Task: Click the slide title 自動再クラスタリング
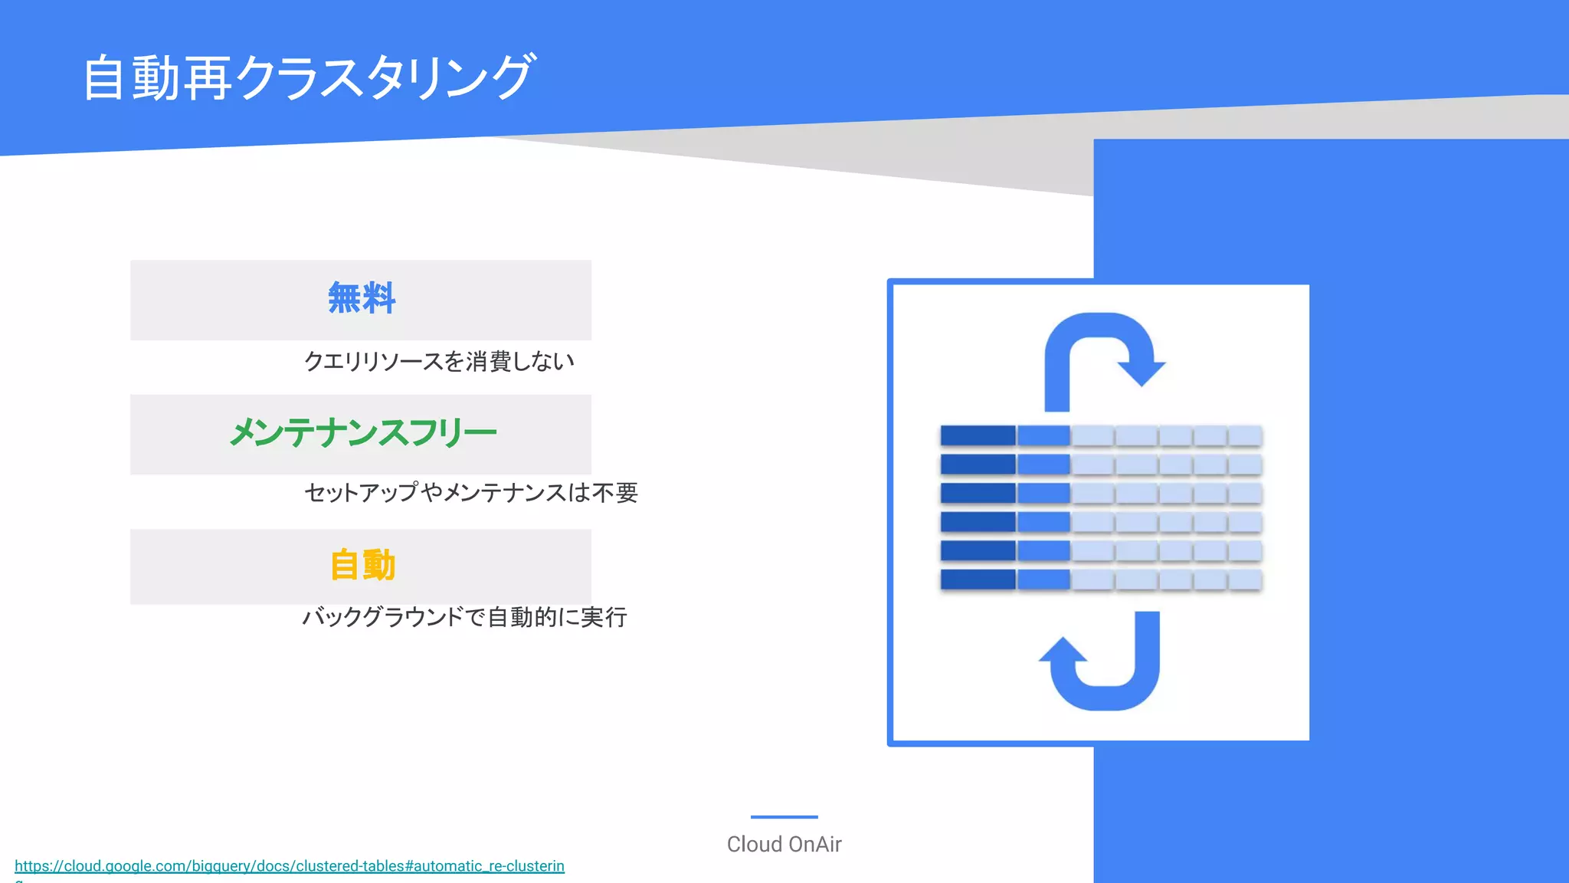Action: (308, 77)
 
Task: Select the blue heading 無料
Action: (362, 298)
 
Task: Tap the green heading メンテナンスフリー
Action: (363, 433)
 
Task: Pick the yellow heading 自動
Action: (362, 566)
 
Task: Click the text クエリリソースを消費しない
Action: (439, 361)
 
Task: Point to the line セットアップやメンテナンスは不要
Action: (470, 492)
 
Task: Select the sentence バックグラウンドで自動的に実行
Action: (464, 617)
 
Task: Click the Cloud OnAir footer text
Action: (784, 844)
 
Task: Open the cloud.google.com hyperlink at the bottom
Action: (290, 866)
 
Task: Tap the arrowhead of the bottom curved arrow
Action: (1063, 652)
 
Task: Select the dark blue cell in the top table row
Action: (978, 435)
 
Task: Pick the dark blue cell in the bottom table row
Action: (978, 579)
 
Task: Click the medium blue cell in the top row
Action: (1043, 435)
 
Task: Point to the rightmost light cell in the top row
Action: (1245, 435)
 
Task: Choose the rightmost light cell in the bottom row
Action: (1245, 579)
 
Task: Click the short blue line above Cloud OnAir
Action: (784, 817)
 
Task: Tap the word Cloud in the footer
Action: (754, 844)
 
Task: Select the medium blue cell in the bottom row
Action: (1043, 579)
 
